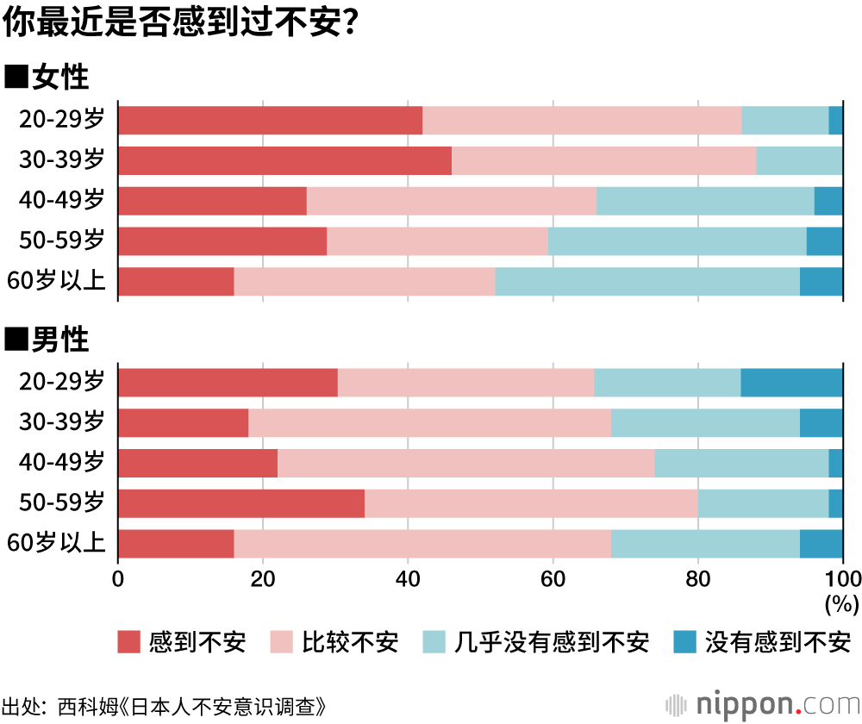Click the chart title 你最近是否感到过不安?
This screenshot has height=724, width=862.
pyautogui.click(x=181, y=24)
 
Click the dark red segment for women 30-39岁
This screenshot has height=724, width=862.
pyautogui.click(x=284, y=161)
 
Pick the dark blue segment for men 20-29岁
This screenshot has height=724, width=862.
pyautogui.click(x=791, y=383)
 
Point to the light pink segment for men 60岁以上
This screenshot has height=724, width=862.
pyautogui.click(x=422, y=544)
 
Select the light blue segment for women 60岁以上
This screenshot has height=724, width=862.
pyautogui.click(x=647, y=282)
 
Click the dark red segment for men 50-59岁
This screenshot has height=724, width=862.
pyautogui.click(x=241, y=503)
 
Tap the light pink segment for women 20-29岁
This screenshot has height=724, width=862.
pyautogui.click(x=582, y=121)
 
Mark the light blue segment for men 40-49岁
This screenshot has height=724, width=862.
pyautogui.click(x=741, y=463)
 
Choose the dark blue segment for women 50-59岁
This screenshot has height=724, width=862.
pyautogui.click(x=824, y=241)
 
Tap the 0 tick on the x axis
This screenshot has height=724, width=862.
pyautogui.click(x=118, y=577)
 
